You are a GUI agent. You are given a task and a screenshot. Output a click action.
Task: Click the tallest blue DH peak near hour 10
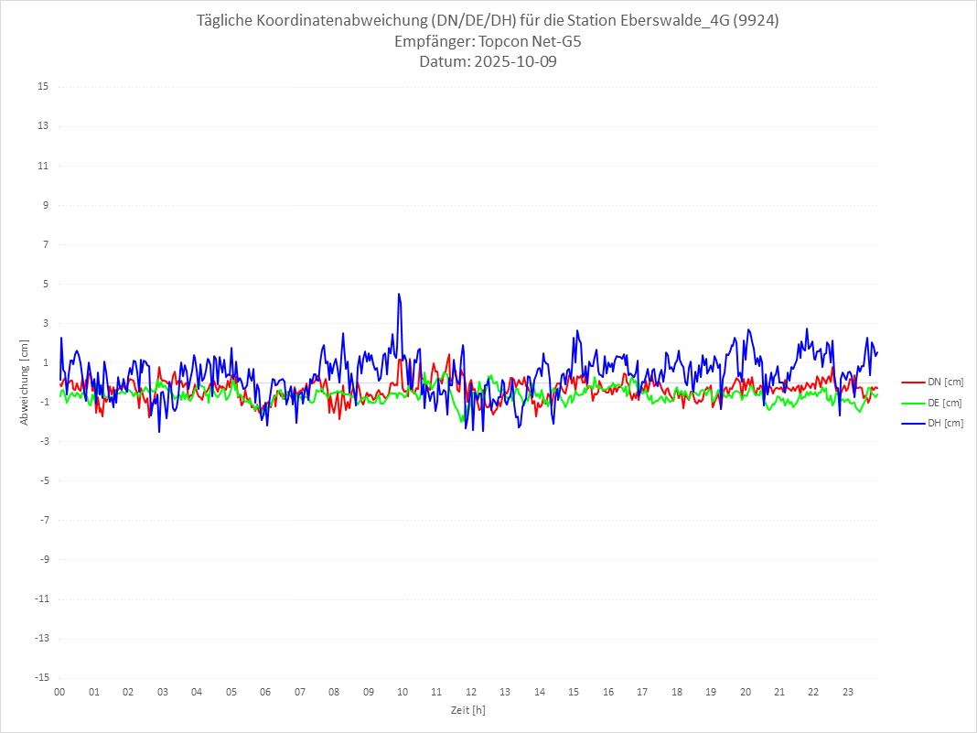[399, 294]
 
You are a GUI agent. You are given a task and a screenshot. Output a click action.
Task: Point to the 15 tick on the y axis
[43, 87]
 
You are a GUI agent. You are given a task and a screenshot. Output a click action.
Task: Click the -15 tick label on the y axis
[41, 677]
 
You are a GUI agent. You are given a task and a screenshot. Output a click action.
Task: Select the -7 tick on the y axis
[43, 520]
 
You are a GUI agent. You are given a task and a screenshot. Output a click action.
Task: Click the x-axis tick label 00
[59, 693]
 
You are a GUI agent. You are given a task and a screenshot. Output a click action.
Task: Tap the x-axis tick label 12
[471, 693]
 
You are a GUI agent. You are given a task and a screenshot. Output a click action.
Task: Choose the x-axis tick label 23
[848, 693]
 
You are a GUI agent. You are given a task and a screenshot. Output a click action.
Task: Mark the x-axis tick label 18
[677, 693]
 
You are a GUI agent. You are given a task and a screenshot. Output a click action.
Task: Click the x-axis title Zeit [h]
[468, 710]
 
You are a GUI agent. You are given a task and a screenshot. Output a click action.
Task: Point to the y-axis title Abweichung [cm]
[25, 383]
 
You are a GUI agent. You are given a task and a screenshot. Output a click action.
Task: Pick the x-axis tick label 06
[265, 693]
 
